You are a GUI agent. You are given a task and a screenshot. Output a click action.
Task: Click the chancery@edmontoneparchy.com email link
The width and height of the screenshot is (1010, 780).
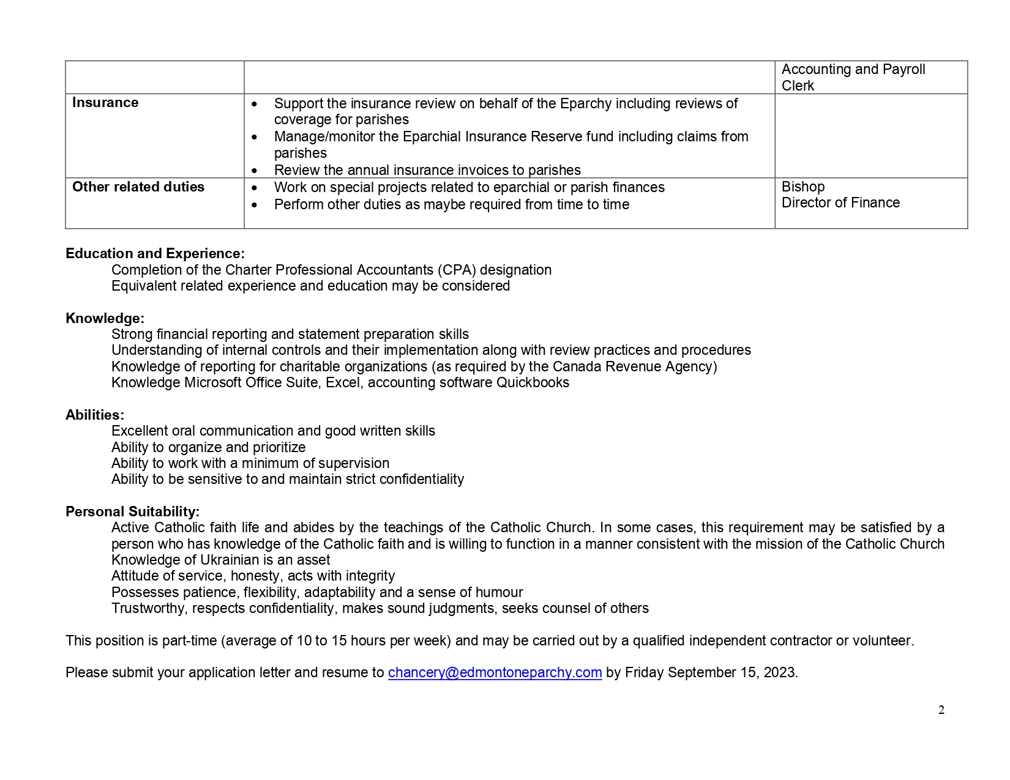[495, 672]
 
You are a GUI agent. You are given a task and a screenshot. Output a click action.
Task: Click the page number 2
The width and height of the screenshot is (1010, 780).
[941, 710]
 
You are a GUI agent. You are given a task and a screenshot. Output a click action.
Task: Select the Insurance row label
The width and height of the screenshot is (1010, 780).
[105, 103]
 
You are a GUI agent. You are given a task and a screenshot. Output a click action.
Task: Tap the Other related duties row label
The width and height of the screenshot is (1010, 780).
[138, 187]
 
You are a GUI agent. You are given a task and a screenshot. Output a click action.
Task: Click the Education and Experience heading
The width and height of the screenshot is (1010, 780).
[155, 253]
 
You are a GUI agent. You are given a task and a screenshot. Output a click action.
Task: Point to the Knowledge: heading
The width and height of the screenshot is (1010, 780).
[105, 318]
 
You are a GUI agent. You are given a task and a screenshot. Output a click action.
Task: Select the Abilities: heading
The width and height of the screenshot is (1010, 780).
[95, 415]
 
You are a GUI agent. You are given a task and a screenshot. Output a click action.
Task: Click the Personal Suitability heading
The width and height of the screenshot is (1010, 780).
[132, 511]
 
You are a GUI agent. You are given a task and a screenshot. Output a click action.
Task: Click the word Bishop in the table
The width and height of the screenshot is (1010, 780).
[803, 187]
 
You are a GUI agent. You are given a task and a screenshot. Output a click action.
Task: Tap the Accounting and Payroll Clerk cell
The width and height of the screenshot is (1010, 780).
[853, 78]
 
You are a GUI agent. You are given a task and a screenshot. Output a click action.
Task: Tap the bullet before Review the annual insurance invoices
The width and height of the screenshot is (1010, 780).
[255, 171]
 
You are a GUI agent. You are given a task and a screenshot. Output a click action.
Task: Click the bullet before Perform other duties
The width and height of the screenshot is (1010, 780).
[255, 205]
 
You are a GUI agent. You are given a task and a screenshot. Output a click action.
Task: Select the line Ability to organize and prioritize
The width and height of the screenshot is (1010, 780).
[208, 447]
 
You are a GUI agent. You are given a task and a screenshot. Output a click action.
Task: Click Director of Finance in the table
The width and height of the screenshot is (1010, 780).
[840, 202]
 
